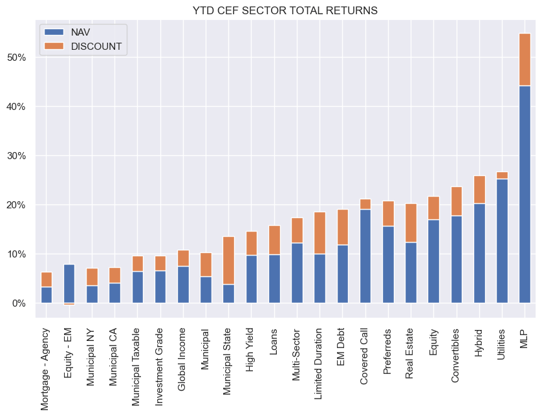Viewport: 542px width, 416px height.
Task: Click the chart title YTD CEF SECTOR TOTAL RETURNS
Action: (285, 10)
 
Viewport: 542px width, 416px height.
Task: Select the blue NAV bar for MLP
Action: (525, 194)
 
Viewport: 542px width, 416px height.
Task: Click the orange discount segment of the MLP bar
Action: (525, 60)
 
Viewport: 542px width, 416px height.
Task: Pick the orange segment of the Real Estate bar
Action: (411, 223)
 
